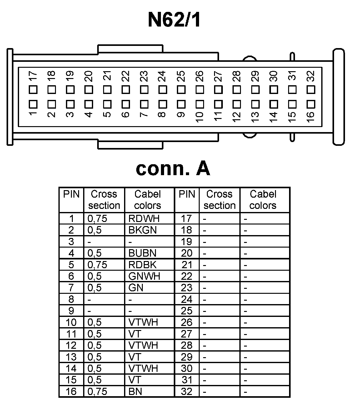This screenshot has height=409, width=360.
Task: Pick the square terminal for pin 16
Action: point(311,104)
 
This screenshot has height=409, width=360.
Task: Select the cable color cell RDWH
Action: point(142,219)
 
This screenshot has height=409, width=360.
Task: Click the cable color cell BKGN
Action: point(142,230)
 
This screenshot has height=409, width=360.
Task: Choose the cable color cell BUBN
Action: point(142,253)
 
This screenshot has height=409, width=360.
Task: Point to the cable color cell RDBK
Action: point(142,265)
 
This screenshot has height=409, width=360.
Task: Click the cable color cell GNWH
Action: point(144,276)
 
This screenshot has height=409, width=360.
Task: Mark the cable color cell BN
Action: point(135,392)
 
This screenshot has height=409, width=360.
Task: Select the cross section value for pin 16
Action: point(97,392)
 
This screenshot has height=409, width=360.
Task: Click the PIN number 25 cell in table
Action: point(187,311)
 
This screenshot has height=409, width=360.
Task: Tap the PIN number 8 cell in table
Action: point(71,299)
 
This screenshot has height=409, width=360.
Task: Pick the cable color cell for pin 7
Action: point(136,288)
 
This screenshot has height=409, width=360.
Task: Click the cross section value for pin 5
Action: point(97,265)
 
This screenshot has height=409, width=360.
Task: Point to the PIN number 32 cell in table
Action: point(187,392)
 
